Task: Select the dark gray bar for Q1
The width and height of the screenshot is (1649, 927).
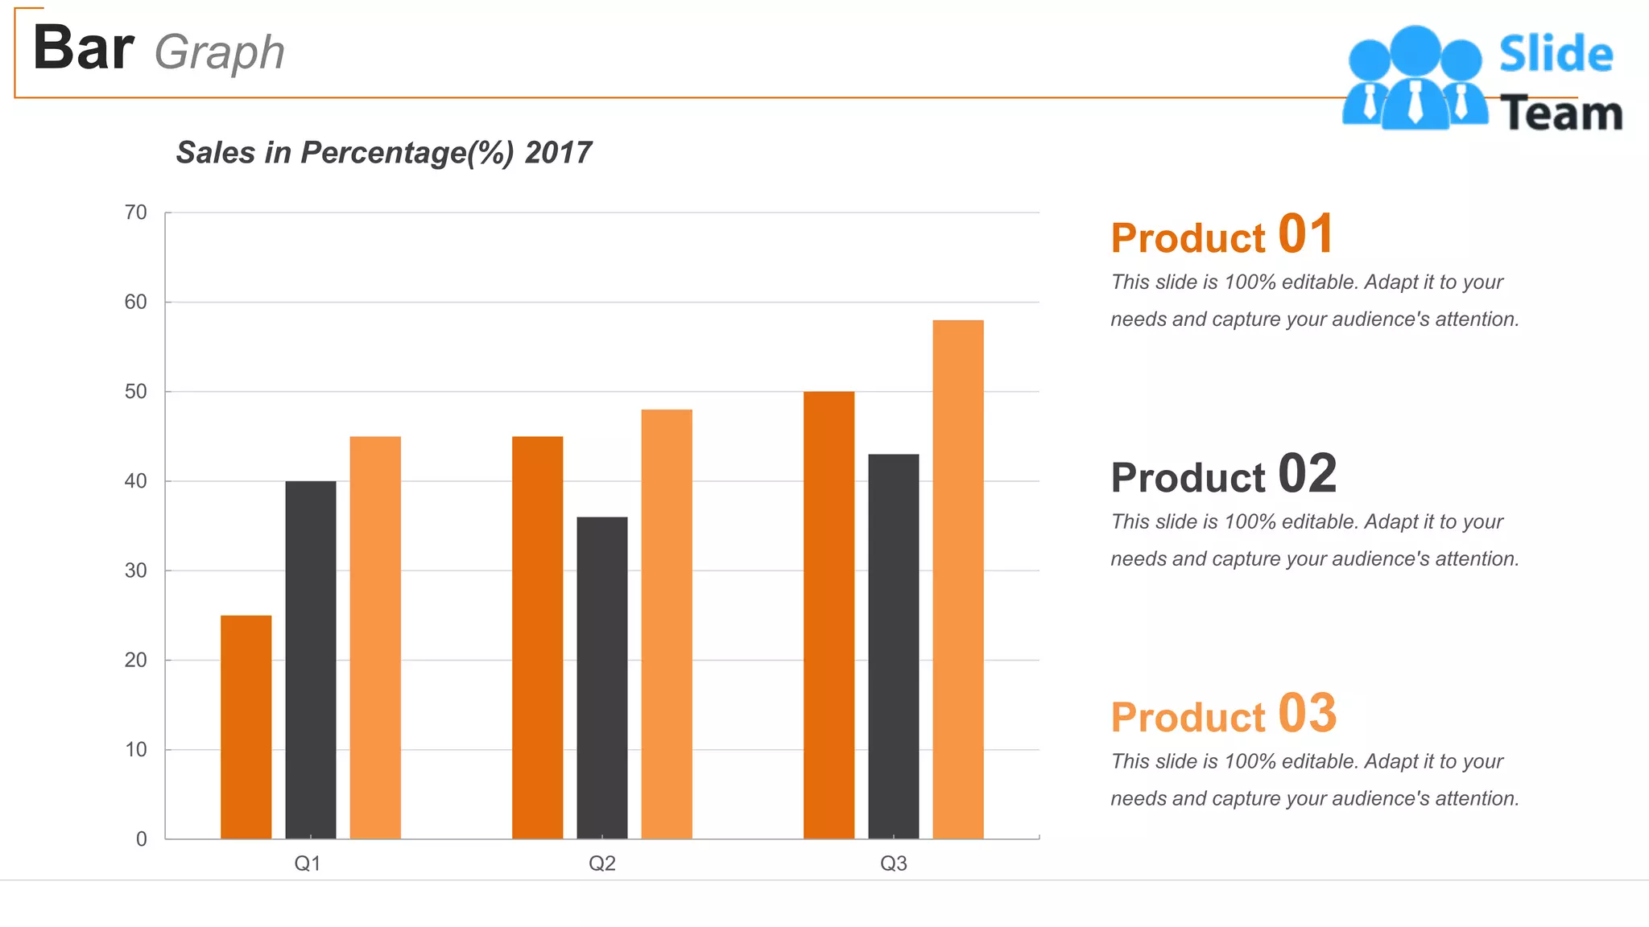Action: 310,660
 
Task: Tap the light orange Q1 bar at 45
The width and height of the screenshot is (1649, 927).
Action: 375,637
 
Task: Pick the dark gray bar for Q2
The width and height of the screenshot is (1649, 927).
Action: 601,678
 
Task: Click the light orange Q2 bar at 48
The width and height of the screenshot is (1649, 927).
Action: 667,624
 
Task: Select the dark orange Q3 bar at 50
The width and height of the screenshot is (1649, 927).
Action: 829,615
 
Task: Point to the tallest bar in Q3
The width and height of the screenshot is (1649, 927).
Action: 958,579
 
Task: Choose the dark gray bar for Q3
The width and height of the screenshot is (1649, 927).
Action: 893,646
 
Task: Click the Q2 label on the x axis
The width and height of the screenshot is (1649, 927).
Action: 601,863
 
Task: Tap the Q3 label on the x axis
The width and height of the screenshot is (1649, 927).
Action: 893,863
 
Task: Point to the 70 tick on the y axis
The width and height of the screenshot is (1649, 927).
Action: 135,212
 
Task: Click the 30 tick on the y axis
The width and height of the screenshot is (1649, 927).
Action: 135,571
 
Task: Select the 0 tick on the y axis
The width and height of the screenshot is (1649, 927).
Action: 141,839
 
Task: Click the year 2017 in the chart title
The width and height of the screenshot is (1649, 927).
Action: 558,153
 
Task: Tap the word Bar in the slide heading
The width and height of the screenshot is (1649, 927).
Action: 83,48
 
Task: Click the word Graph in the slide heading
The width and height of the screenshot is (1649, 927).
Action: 219,53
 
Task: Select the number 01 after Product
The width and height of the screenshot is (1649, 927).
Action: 1305,234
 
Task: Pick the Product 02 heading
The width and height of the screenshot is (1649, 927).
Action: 1223,475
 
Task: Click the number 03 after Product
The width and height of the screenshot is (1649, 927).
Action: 1307,714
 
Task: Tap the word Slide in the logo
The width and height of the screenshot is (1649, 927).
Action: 1556,55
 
